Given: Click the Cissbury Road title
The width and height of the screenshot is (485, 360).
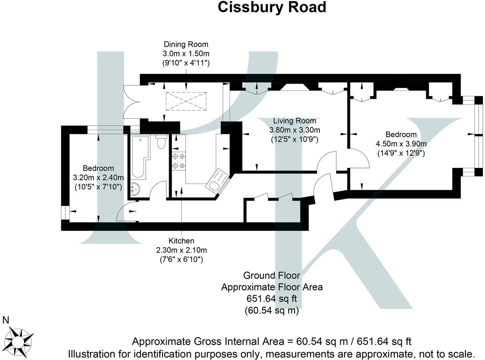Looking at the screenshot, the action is (272, 7).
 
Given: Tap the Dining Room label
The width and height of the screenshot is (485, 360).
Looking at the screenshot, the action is (186, 44).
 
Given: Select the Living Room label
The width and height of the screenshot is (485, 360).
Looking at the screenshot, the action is (295, 121).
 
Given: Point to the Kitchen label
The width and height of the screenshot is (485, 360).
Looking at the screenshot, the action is (181, 241).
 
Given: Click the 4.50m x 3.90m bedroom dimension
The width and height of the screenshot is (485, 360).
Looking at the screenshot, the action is (401, 144).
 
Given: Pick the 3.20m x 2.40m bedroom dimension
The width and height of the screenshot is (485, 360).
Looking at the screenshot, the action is (98, 178).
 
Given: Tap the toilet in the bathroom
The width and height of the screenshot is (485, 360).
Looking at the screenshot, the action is (161, 141).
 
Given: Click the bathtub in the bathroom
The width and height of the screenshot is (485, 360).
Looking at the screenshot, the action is (140, 157).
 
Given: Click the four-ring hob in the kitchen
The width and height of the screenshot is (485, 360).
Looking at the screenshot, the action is (179, 161).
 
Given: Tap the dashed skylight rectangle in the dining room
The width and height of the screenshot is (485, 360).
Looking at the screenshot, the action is (186, 101).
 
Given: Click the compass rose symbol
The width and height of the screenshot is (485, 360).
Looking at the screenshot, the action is (18, 341).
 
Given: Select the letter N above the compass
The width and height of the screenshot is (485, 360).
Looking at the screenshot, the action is (6, 320).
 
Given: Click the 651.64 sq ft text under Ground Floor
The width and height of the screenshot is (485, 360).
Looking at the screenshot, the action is (272, 299).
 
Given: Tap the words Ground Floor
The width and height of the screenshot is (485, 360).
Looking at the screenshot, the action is (272, 275).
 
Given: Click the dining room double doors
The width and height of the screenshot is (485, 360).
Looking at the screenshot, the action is (132, 102).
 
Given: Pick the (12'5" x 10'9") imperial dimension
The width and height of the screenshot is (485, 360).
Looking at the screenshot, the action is (295, 139).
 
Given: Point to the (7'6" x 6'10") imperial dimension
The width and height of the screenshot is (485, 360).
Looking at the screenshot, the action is (182, 259).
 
